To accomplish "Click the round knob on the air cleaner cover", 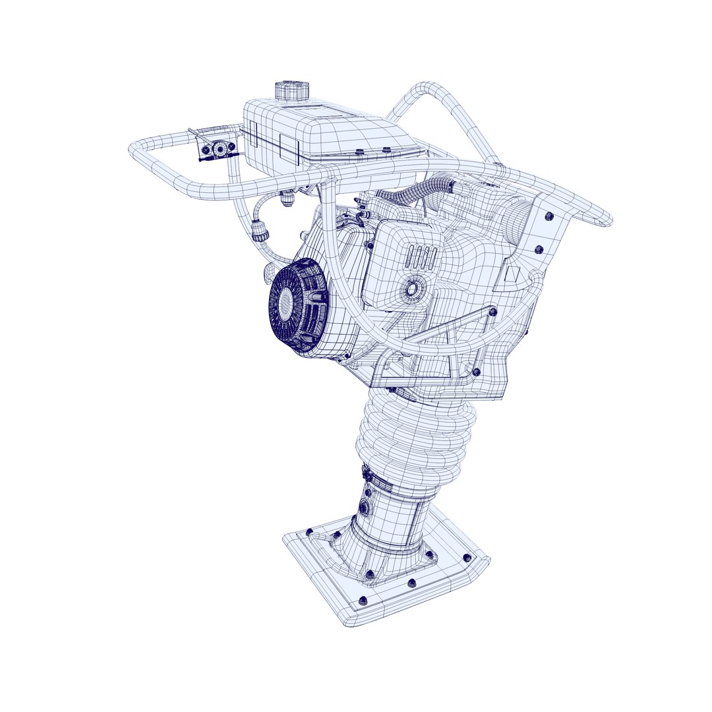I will (x=413, y=288).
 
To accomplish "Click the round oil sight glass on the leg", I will (x=365, y=508).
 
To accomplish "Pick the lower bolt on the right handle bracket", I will (x=539, y=249).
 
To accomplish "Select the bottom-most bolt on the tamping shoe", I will (x=362, y=600).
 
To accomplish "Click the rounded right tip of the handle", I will (x=603, y=219).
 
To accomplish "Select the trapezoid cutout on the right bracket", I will (x=510, y=274).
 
